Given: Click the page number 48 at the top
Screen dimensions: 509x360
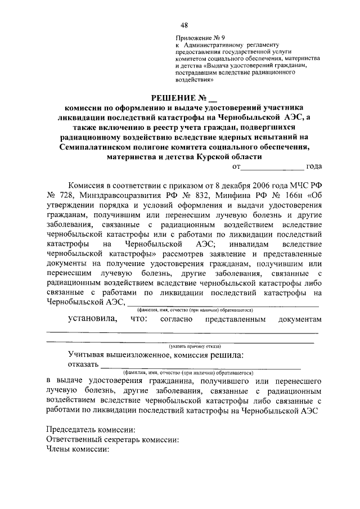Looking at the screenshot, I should pos(184,25).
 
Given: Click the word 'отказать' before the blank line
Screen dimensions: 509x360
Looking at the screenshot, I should pos(82,364).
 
